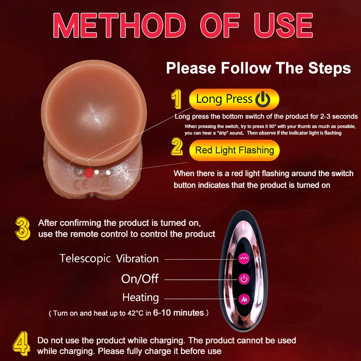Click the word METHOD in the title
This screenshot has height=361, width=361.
(119, 25)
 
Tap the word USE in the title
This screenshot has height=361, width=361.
(283, 25)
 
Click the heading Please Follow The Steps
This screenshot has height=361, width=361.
(258, 68)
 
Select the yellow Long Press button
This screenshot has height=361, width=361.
(234, 99)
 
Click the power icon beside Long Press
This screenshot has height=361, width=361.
(263, 99)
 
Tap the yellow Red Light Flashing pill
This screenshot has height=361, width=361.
(234, 150)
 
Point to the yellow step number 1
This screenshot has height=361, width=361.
(177, 99)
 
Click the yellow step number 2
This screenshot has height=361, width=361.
(177, 147)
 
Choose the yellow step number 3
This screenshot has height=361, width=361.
(22, 229)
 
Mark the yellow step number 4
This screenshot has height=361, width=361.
(21, 344)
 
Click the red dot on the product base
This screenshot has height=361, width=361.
(89, 173)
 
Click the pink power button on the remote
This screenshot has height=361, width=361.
(244, 279)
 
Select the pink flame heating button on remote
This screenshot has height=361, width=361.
(244, 299)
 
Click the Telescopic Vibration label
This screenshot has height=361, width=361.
(109, 258)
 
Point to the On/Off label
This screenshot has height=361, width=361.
(140, 279)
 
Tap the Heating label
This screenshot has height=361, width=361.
(140, 297)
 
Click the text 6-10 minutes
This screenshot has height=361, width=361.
(178, 313)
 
